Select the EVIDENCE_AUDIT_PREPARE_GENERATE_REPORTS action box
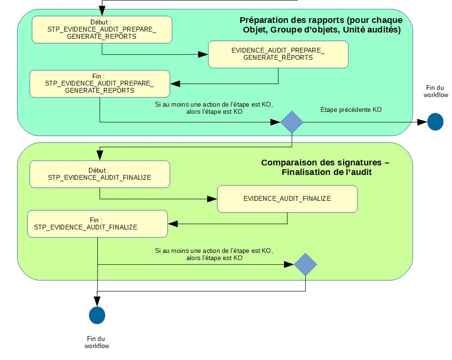click(278, 54)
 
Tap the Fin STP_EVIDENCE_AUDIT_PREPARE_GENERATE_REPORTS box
click(99, 83)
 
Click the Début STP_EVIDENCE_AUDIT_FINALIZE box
click(99, 174)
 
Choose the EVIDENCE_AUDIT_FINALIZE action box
click(287, 199)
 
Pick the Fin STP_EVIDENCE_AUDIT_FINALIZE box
click(98, 224)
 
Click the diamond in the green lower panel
click(305, 264)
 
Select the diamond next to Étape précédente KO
click(292, 122)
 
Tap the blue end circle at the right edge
click(435, 122)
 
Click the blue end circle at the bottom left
click(97, 316)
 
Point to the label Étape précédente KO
click(351, 110)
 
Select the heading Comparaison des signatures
click(325, 163)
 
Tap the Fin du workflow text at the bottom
click(97, 342)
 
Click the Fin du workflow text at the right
click(436, 91)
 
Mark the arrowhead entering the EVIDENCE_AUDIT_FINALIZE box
click(212, 198)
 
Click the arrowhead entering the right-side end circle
click(422, 122)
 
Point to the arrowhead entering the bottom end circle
click(97, 301)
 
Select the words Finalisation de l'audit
click(327, 172)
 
